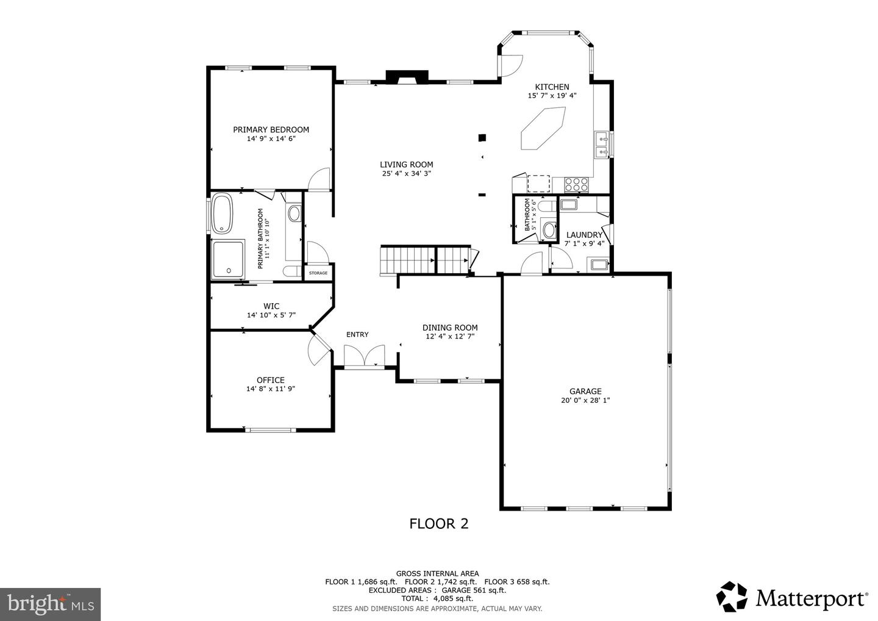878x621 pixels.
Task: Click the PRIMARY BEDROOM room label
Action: coord(271,129)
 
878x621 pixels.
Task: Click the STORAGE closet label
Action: coord(318,273)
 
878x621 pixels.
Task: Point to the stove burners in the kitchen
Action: coord(576,184)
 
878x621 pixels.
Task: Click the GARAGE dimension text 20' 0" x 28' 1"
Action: coord(585,400)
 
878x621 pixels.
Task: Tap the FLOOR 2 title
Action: coord(438,524)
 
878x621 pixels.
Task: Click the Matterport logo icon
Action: coord(732,597)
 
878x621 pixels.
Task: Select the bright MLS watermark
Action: coord(50,604)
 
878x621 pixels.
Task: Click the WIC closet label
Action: coord(271,306)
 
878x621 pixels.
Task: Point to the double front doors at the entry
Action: coord(365,356)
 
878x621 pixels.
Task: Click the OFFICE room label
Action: coord(271,380)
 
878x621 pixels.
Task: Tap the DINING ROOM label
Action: coord(450,328)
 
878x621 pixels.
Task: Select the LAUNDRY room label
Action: coord(584,235)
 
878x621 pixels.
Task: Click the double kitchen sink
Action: coord(602,145)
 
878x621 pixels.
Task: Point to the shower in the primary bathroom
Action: coord(228,260)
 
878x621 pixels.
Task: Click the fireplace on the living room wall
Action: coord(407,77)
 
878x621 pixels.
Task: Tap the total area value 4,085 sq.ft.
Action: coord(452,598)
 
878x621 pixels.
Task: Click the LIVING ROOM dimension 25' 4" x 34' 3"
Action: coord(407,173)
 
